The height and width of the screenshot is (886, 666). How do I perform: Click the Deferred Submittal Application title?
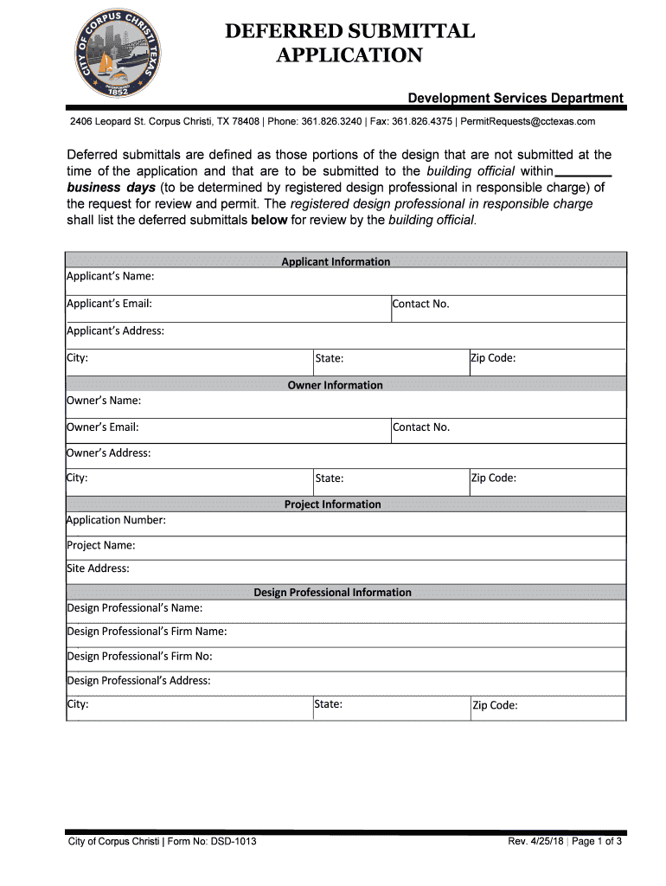(x=349, y=43)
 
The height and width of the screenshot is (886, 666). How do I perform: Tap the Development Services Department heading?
(x=516, y=98)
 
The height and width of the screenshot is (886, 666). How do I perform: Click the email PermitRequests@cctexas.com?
(x=528, y=121)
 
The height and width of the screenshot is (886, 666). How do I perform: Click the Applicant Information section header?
(x=336, y=261)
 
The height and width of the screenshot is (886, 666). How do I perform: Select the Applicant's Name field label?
(x=111, y=276)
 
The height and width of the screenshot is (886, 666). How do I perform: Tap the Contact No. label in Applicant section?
(x=420, y=304)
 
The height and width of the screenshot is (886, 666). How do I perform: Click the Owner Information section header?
(x=335, y=385)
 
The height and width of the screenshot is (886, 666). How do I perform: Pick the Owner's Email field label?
(x=103, y=427)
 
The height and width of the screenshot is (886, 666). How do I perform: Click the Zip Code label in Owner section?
(x=493, y=478)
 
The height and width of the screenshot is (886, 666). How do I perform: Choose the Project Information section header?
(x=332, y=504)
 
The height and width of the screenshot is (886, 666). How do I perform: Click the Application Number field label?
(x=117, y=520)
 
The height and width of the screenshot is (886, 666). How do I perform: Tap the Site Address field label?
(x=99, y=568)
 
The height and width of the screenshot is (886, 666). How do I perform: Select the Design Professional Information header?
(x=332, y=593)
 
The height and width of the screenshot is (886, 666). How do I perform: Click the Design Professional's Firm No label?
(x=140, y=656)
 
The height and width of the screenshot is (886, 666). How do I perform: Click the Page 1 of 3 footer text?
(x=596, y=842)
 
